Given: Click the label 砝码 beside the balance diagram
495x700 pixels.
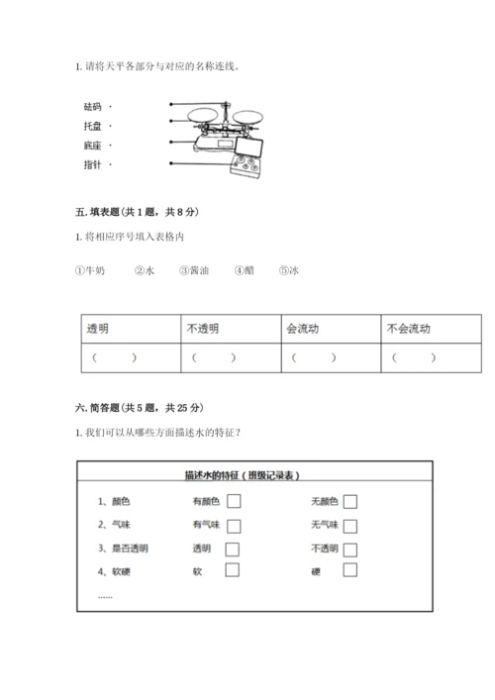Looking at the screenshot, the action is pos(94,106).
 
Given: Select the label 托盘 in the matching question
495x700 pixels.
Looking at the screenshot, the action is pos(94,126).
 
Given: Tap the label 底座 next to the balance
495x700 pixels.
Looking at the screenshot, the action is pos(94,146).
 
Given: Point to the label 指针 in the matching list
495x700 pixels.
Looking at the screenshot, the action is pos(94,164).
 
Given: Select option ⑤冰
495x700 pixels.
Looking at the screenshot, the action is pos(289,269).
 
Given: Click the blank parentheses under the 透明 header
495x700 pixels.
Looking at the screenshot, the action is pos(112,357).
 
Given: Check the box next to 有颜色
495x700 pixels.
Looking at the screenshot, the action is pos(234,503).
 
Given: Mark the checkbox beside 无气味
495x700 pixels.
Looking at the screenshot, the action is pos(349,526).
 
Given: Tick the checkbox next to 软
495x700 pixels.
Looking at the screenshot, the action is pos(232,569).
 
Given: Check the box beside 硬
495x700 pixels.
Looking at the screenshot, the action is pos(349,569).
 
